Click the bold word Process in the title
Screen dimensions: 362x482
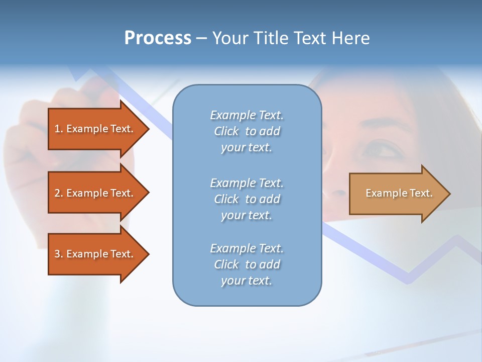click(x=158, y=38)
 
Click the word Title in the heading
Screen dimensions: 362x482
click(x=271, y=38)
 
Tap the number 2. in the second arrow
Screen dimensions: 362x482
click(x=59, y=193)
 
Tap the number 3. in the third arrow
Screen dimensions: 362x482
click(x=59, y=254)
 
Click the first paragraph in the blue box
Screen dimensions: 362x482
click(x=247, y=131)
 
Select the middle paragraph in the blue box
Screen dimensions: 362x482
click(x=247, y=199)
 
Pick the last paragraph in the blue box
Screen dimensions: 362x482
click(x=247, y=264)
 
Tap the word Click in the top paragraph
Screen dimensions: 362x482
click(x=226, y=131)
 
